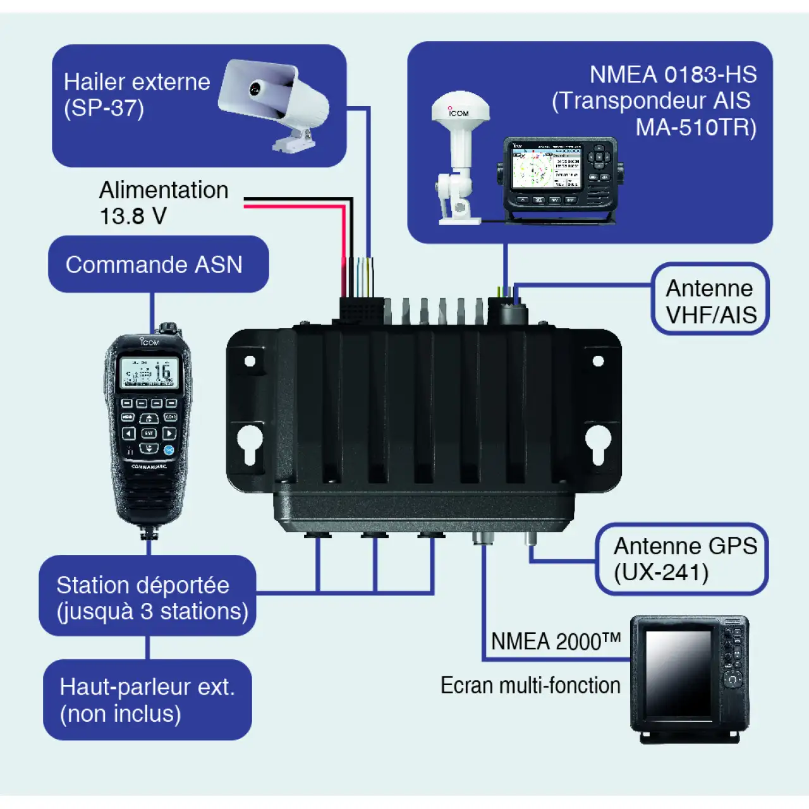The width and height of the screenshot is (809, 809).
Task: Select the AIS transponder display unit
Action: click(x=559, y=174)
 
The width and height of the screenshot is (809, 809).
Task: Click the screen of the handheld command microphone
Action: click(x=149, y=373)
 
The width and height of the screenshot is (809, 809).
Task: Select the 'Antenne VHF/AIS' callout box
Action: click(x=710, y=300)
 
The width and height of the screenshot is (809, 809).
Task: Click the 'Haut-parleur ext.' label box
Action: click(x=147, y=700)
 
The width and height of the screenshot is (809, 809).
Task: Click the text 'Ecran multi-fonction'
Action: click(x=530, y=686)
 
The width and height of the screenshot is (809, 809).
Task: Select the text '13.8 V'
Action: click(x=133, y=216)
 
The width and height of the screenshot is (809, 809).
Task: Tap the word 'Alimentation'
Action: click(x=164, y=190)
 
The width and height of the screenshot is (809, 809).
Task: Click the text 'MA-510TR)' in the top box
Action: click(x=695, y=128)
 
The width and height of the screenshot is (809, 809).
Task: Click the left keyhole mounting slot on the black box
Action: click(x=250, y=443)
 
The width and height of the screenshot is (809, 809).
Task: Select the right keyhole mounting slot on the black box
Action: click(x=597, y=443)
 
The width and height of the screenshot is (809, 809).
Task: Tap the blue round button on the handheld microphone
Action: click(x=169, y=449)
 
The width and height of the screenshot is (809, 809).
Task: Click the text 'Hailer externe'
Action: click(x=137, y=82)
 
